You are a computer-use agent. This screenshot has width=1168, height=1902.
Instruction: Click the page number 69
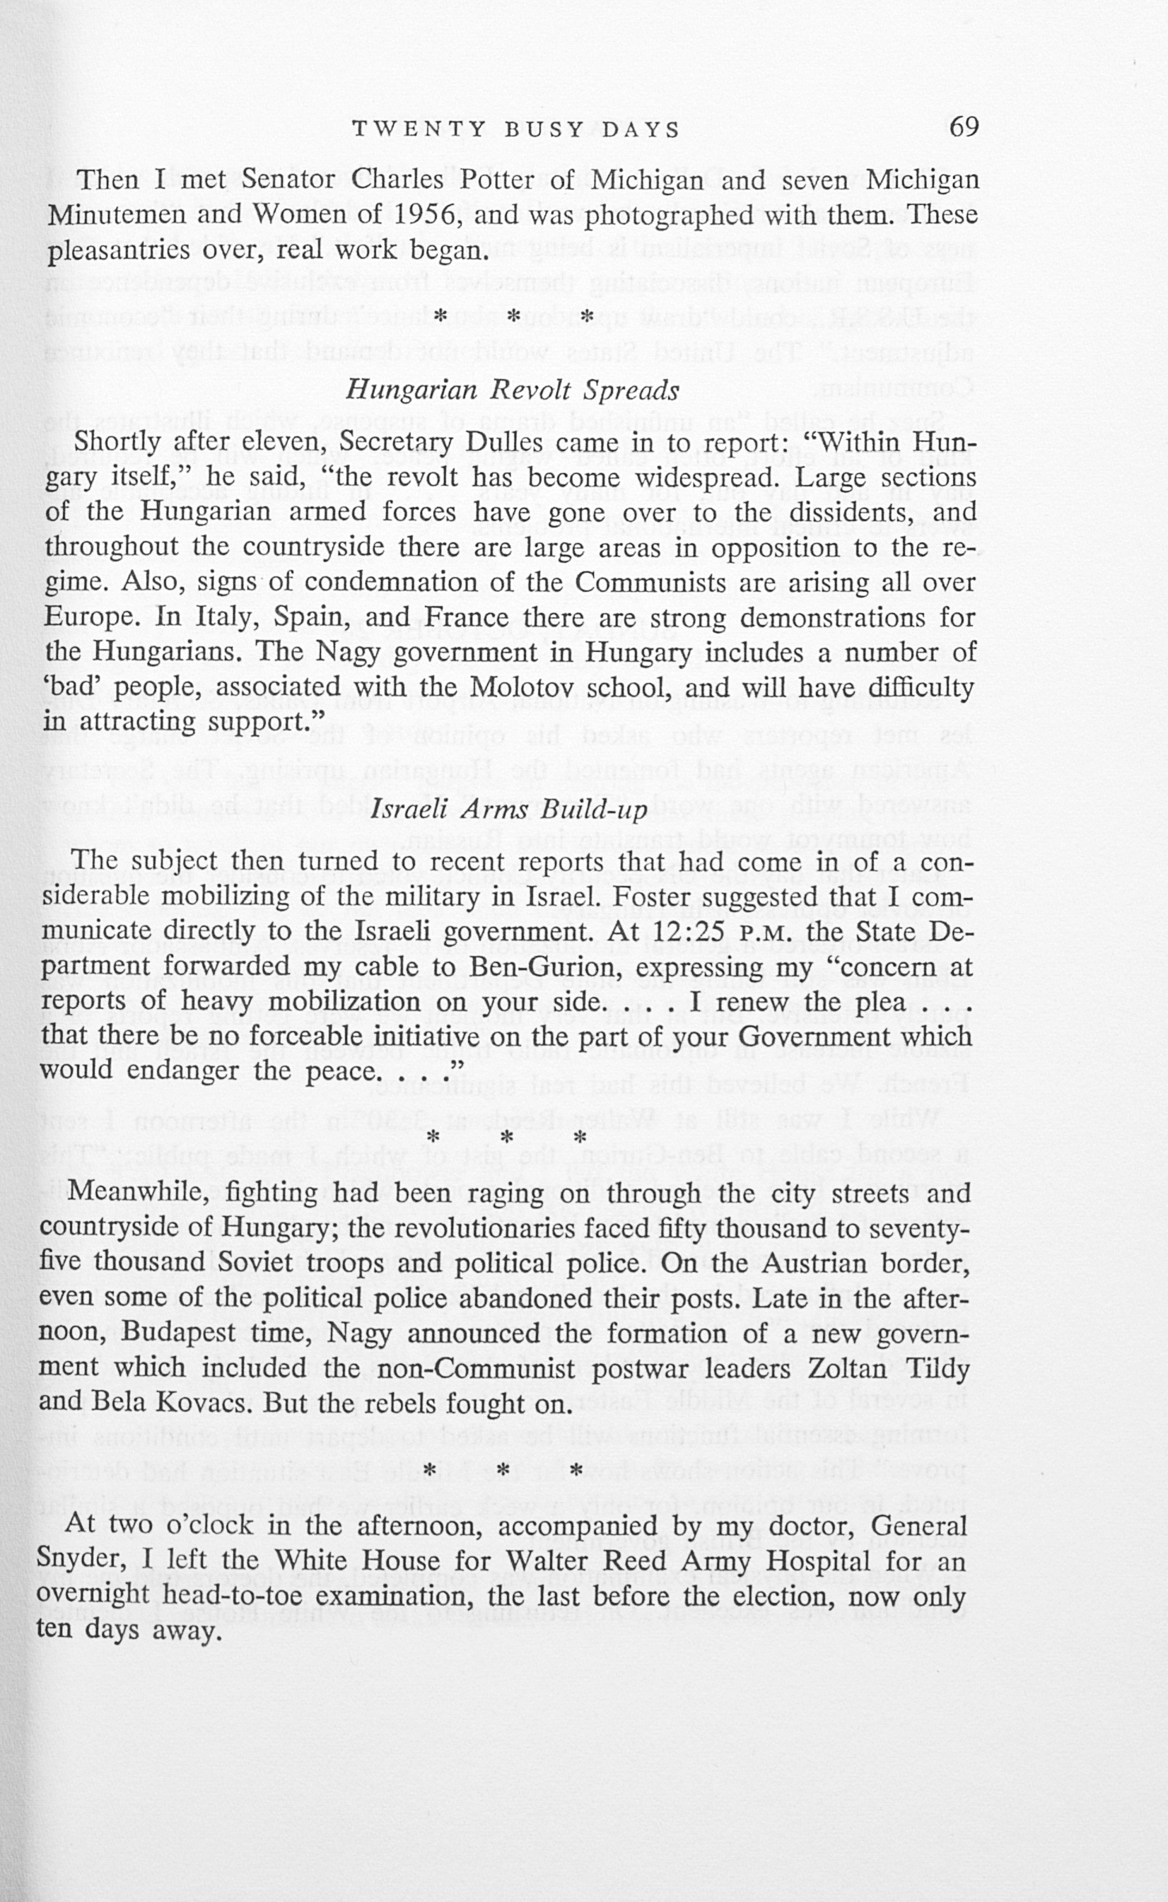[964, 127]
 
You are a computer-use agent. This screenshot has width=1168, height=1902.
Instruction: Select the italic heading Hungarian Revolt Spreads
[512, 390]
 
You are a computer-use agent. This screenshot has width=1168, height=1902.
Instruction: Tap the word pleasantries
[119, 250]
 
